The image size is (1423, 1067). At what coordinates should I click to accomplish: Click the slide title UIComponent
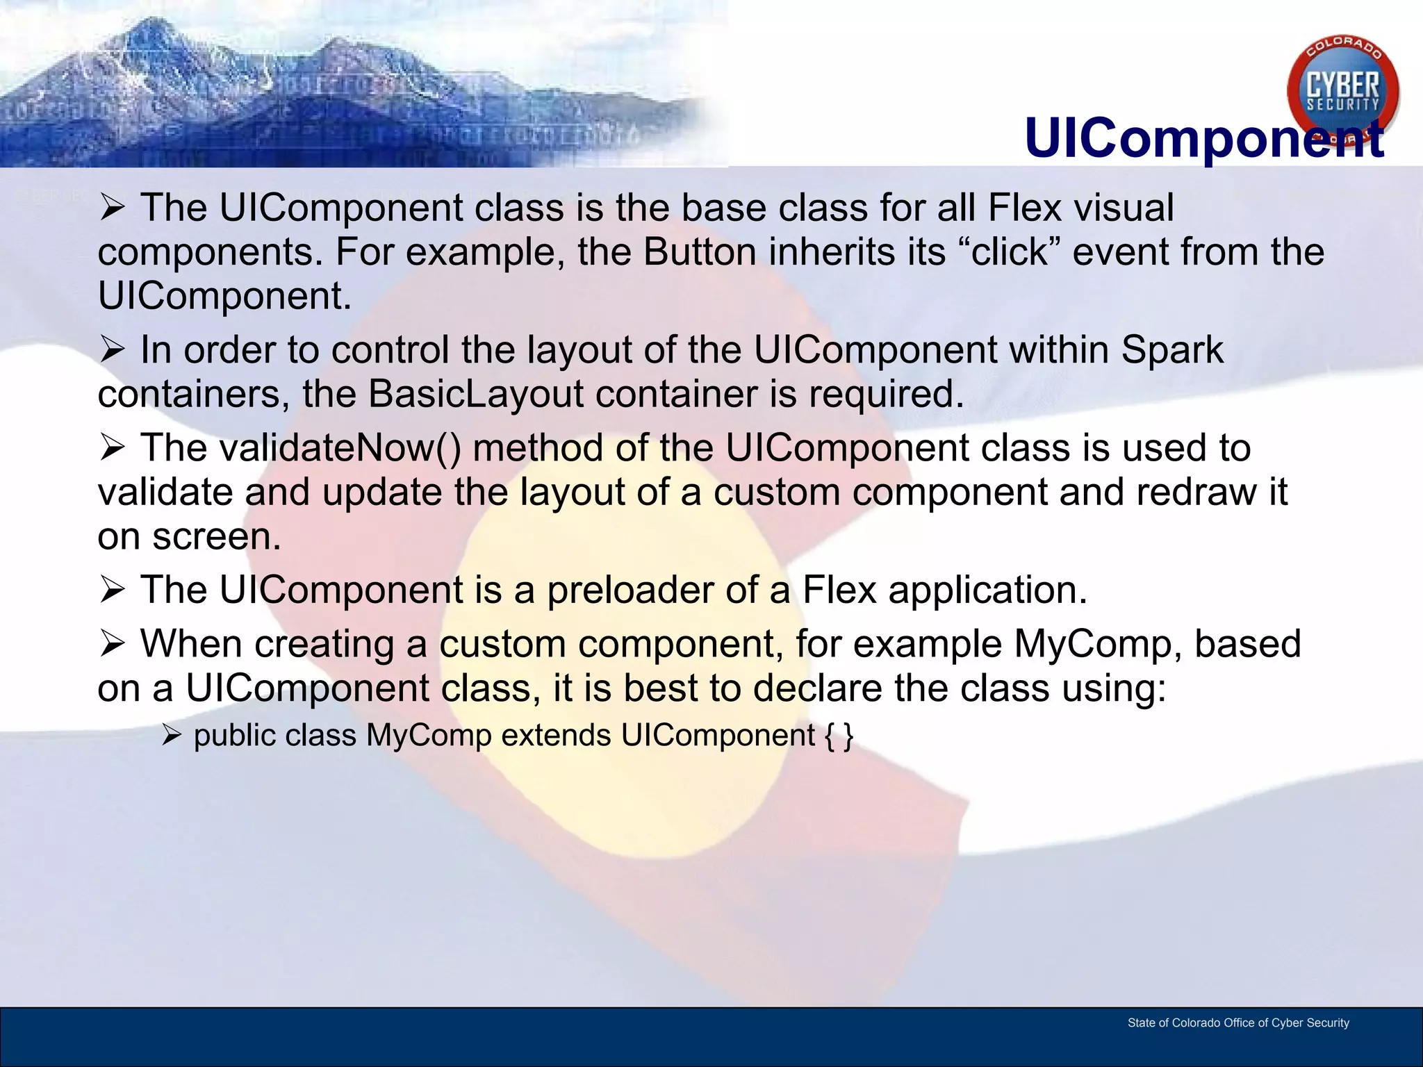pyautogui.click(x=1203, y=138)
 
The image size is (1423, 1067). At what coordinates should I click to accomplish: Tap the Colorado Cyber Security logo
pyautogui.click(x=1342, y=90)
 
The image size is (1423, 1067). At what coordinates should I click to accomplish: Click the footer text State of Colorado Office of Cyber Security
pyautogui.click(x=1237, y=1023)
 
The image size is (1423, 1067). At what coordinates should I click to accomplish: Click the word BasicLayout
pyautogui.click(x=475, y=394)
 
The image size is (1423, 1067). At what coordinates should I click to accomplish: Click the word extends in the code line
pyautogui.click(x=556, y=735)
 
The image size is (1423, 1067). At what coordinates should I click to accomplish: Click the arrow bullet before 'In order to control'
pyautogui.click(x=112, y=349)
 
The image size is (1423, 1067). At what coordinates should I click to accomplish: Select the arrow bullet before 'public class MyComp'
pyautogui.click(x=171, y=735)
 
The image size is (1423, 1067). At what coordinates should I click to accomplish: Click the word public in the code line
pyautogui.click(x=234, y=735)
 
